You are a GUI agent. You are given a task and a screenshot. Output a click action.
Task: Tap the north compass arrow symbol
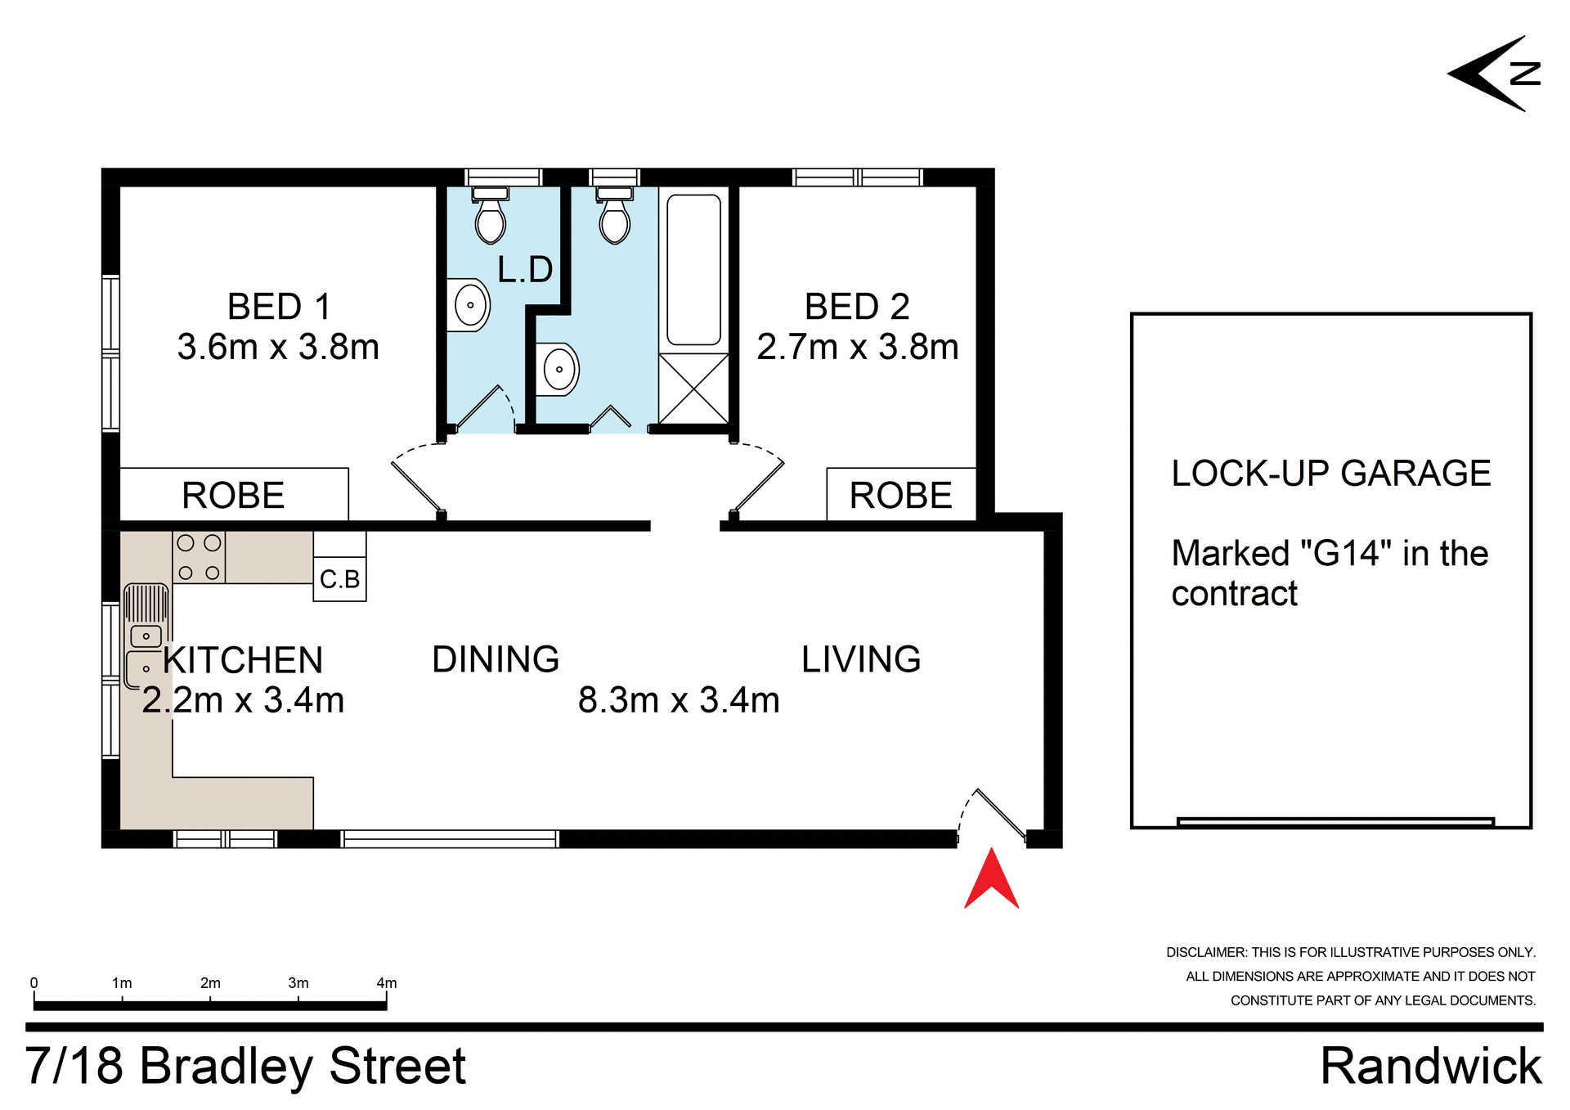click(1493, 74)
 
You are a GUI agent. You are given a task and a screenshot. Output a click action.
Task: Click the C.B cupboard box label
click(339, 579)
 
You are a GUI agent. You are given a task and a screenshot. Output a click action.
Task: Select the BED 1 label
click(279, 307)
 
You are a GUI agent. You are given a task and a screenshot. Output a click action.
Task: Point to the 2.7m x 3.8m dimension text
click(857, 347)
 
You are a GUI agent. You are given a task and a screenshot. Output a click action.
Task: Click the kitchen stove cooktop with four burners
click(199, 557)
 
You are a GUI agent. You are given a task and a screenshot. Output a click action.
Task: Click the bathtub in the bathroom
click(693, 270)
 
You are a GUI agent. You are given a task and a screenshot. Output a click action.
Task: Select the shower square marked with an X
click(693, 389)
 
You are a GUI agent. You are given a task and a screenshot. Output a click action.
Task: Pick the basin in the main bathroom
click(558, 369)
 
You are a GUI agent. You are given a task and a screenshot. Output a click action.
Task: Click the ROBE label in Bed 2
click(900, 495)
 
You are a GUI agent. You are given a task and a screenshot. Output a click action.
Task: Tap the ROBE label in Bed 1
click(233, 495)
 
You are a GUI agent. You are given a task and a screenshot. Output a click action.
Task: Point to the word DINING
click(496, 659)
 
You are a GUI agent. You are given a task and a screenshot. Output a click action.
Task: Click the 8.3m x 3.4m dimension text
click(679, 700)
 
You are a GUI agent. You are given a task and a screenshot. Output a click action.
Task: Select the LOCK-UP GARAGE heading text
click(1330, 473)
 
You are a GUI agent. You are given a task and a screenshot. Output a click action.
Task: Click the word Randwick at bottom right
click(1430, 1066)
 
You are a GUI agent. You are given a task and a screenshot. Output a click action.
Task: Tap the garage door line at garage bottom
click(1334, 821)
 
